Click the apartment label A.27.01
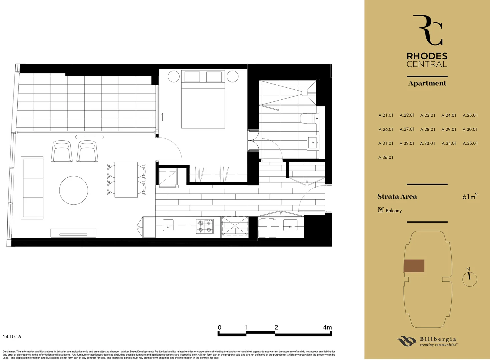(407, 129)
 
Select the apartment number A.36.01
(386, 157)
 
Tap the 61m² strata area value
(470, 196)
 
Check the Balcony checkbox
(381, 210)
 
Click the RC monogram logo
(428, 30)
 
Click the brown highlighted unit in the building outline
(414, 266)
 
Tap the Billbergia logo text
(438, 339)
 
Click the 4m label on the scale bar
(327, 327)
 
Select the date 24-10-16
(12, 337)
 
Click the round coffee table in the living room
(74, 190)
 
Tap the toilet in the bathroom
(309, 118)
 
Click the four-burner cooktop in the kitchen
(205, 226)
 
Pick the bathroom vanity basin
(313, 143)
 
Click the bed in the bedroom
(203, 100)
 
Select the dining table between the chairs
(126, 179)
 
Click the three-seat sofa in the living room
(32, 188)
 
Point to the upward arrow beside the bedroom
(163, 117)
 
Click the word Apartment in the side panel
(427, 83)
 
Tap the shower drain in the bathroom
(304, 92)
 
